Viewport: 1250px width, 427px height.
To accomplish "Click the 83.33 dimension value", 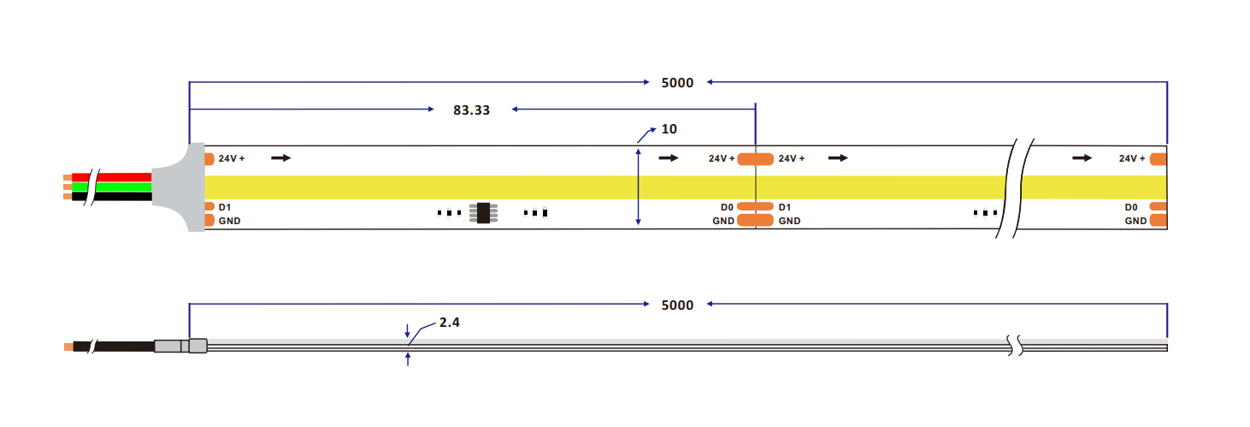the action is click(472, 110).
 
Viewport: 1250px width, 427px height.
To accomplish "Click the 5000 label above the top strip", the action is click(677, 83).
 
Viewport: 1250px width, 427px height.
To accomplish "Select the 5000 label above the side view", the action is click(677, 305).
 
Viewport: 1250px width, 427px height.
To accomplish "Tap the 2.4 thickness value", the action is click(449, 323).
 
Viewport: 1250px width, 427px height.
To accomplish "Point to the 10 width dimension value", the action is click(669, 129).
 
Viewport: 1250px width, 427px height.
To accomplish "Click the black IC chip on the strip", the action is click(483, 213).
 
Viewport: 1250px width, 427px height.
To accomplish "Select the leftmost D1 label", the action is click(224, 207).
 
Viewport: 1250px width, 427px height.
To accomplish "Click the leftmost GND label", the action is click(229, 221).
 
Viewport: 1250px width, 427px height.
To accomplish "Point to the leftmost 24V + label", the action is click(232, 158).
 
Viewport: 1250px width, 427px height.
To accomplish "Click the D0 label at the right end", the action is click(1131, 207).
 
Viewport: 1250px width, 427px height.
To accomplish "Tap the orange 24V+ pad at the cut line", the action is click(756, 159).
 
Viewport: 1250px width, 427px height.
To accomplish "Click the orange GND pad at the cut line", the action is click(756, 221).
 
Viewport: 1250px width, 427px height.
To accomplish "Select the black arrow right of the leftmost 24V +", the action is click(281, 158).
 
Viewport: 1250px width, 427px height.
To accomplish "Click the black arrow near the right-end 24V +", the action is click(1082, 158).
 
